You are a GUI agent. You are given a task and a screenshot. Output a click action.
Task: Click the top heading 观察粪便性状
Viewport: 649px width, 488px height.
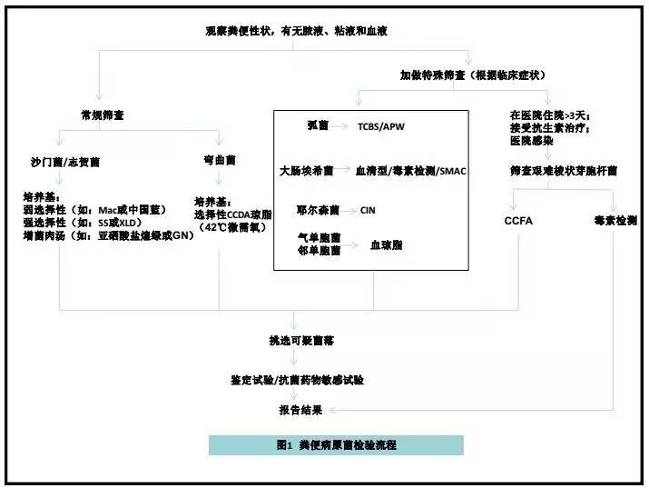click(x=300, y=31)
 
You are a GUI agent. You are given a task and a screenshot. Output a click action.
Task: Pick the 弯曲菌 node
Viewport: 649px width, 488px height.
click(x=219, y=160)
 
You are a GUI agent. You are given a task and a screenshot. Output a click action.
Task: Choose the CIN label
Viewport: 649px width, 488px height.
click(x=368, y=209)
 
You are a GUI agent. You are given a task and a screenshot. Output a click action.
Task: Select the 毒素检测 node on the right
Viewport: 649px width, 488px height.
click(x=614, y=221)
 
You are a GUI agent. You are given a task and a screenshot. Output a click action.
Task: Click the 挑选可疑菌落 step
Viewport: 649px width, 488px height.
click(x=294, y=341)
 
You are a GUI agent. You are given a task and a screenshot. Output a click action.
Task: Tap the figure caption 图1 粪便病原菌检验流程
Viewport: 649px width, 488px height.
click(x=336, y=445)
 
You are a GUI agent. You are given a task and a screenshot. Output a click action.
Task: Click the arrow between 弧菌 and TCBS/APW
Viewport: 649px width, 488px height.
click(x=341, y=128)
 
